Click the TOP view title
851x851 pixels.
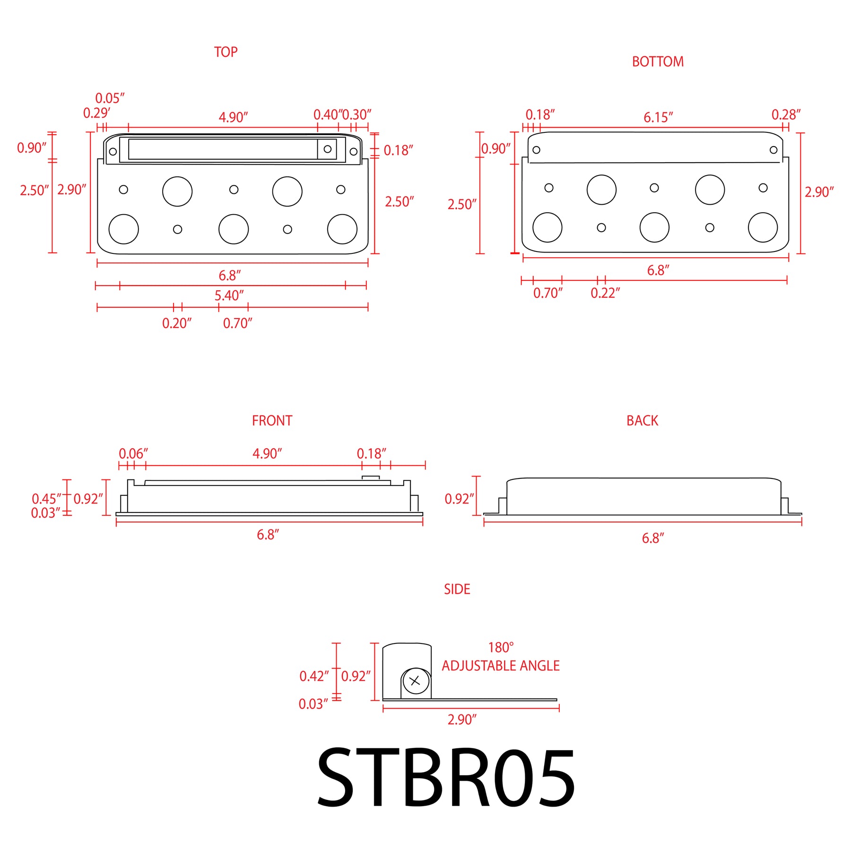[226, 52]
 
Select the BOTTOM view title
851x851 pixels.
[658, 61]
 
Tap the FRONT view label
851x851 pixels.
[272, 420]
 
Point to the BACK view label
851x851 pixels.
[642, 420]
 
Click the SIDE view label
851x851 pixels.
[457, 589]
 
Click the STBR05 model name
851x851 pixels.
[446, 778]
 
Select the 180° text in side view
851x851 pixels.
[501, 647]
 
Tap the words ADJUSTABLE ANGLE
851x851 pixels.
[501, 666]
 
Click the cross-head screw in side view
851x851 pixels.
[416, 681]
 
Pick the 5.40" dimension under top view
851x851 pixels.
[229, 295]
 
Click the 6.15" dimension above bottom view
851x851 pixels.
[658, 117]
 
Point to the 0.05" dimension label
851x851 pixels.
[110, 98]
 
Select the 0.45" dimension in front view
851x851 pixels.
[46, 499]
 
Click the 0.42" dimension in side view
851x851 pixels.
[314, 676]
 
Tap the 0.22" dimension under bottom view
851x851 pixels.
[605, 293]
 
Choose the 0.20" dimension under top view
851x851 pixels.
[177, 323]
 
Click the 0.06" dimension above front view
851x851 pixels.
[133, 454]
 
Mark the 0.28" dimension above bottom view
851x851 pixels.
[786, 115]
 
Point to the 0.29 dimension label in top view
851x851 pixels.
[96, 113]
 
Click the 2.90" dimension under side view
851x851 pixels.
[462, 720]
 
